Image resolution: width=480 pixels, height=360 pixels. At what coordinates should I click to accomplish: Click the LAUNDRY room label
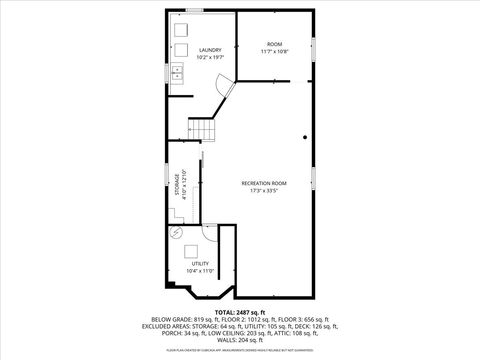tap(210, 50)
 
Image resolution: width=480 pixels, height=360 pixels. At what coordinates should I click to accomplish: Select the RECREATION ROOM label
tap(264, 183)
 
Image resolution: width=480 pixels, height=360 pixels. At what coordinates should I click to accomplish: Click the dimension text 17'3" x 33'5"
tap(264, 191)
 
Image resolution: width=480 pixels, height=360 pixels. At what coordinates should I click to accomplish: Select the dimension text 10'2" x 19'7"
tap(210, 58)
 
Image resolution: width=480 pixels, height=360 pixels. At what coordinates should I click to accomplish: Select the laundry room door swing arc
tap(226, 94)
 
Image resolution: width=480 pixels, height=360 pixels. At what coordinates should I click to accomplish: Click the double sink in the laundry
tap(177, 73)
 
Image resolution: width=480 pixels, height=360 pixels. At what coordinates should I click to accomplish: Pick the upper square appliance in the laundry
tap(182, 28)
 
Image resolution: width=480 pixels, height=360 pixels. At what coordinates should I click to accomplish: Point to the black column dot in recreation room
tap(305, 137)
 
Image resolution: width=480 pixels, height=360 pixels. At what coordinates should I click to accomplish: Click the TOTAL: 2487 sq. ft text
tap(239, 313)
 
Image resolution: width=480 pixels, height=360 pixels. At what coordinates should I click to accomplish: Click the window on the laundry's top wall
tap(195, 10)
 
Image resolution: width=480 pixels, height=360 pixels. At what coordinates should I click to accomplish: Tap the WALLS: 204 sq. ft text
tap(239, 341)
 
